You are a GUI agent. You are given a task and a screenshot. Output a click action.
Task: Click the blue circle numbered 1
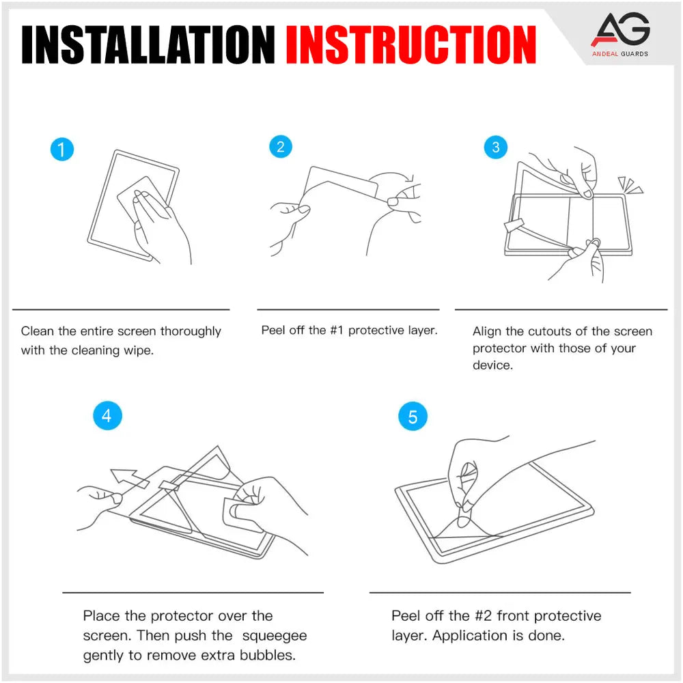(x=62, y=149)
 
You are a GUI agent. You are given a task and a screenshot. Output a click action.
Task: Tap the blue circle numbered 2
(x=280, y=147)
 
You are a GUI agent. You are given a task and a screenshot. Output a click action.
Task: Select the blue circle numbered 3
(x=496, y=147)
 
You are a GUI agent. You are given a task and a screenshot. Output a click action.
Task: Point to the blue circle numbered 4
(x=107, y=415)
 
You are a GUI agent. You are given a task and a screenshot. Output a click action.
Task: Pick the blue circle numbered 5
(x=412, y=417)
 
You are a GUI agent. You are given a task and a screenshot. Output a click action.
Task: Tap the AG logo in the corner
(x=620, y=31)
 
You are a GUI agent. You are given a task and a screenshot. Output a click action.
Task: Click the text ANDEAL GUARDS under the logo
(x=620, y=53)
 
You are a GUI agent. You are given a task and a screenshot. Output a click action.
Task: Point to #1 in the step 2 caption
(x=337, y=331)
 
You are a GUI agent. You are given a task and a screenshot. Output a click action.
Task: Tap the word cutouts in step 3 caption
(x=550, y=331)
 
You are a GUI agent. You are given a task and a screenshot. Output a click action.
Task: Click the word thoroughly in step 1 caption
(x=191, y=331)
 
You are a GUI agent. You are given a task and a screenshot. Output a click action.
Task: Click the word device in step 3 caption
(x=492, y=365)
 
